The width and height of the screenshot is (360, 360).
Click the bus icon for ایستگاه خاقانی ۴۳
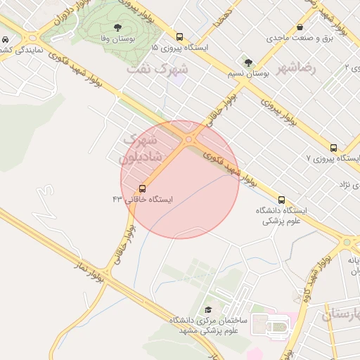(143, 188)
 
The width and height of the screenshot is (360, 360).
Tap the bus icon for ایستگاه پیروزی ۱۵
(180, 37)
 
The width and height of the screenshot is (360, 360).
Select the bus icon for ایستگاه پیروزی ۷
(333, 148)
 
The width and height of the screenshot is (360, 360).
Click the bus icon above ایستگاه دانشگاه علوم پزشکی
(282, 200)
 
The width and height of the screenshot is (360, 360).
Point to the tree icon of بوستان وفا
(117, 27)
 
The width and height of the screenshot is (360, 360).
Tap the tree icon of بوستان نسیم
(248, 62)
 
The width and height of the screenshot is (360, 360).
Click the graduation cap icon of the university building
(207, 310)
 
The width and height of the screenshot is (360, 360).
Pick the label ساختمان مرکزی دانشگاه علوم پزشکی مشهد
(207, 325)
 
